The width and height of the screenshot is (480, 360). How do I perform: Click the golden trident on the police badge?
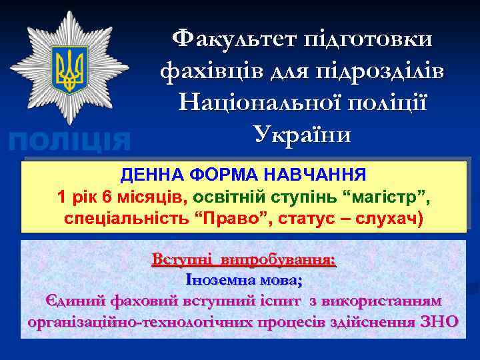click(70, 69)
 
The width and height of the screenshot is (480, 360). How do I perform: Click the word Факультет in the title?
click(228, 38)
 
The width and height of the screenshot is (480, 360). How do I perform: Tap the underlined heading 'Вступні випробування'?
click(244, 259)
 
